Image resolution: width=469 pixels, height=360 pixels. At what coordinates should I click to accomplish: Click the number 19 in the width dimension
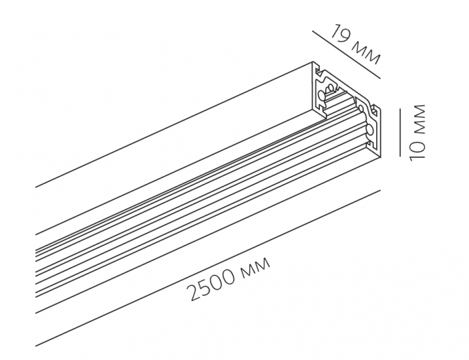pos(339,35)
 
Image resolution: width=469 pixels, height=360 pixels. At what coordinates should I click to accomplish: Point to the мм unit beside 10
pos(417,119)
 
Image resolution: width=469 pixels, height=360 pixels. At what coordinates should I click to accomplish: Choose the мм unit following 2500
pos(256,265)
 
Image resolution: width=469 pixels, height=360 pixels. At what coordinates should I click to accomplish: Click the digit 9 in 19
pos(343,37)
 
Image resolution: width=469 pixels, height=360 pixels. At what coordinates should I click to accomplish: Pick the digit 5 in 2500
pos(206,285)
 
